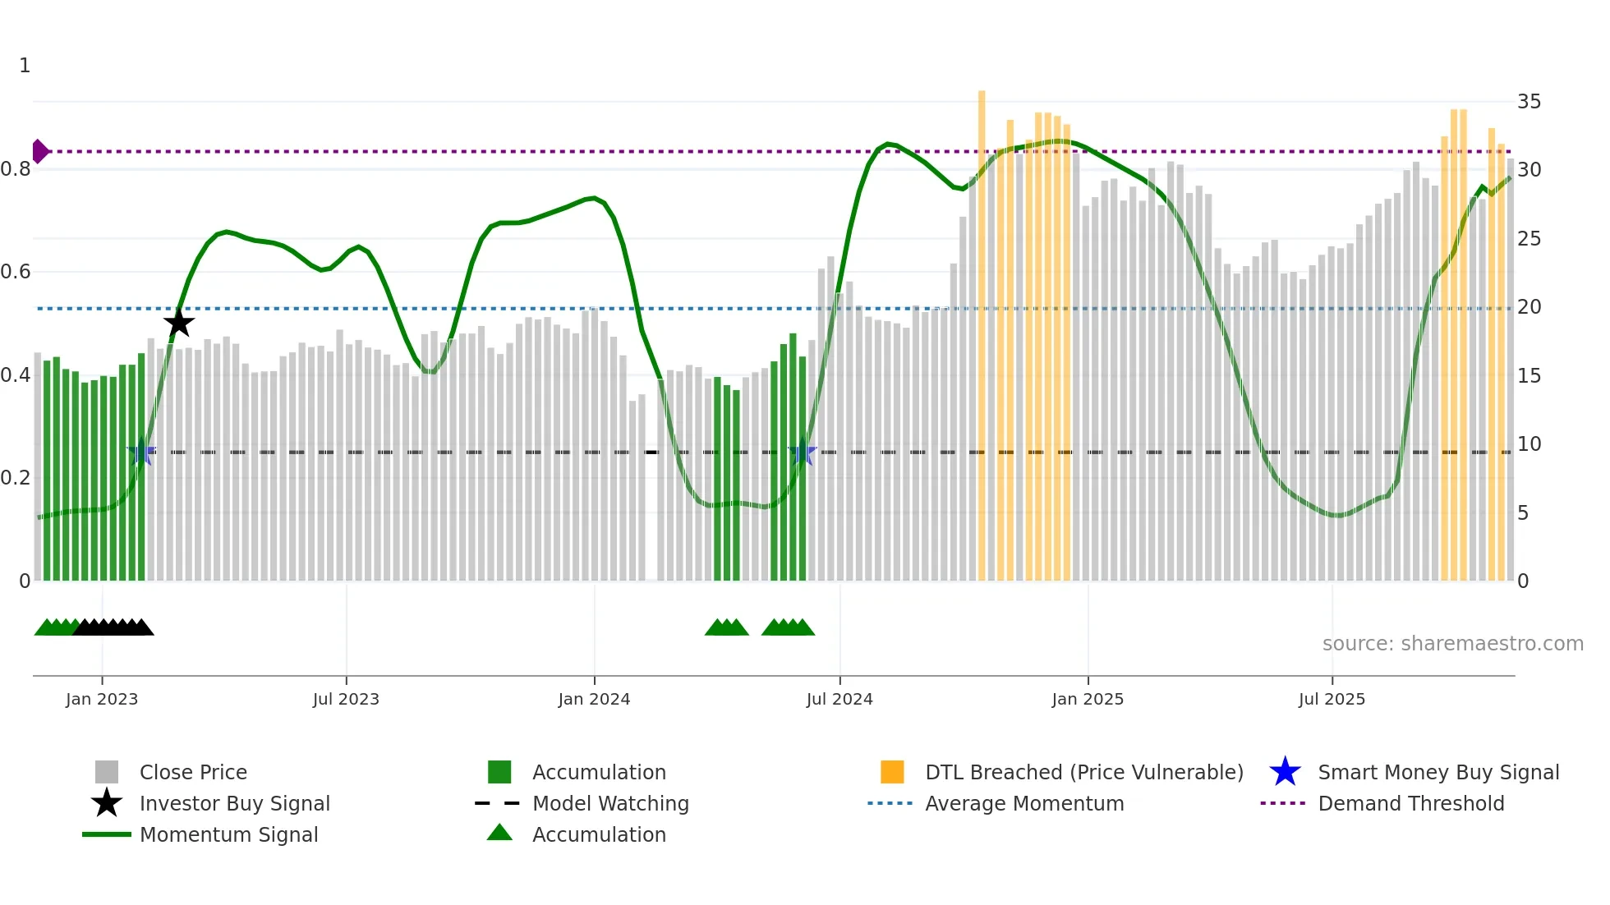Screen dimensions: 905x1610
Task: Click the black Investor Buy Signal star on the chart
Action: click(178, 323)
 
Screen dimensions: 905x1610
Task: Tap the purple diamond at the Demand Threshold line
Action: click(39, 151)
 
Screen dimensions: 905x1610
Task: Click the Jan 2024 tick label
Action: click(594, 699)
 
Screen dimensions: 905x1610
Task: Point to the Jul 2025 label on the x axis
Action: click(1332, 699)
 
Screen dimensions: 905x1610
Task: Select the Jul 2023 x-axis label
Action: click(346, 699)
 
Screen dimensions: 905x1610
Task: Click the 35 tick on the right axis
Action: click(1529, 102)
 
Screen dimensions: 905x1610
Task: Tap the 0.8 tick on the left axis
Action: click(16, 169)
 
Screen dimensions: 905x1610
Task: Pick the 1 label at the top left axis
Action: click(25, 66)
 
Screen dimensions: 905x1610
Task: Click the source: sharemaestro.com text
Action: click(1452, 643)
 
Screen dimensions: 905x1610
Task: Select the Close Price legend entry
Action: click(193, 772)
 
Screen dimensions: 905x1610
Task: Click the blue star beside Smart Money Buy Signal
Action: click(1285, 772)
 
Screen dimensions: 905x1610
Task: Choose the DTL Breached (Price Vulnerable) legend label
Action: click(1083, 772)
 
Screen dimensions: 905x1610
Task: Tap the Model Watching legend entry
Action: click(610, 803)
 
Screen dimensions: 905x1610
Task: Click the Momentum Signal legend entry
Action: click(228, 834)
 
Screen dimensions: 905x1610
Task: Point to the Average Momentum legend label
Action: click(1024, 803)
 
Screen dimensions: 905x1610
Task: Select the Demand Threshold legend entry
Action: click(1410, 803)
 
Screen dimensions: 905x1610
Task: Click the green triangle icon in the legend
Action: click(499, 833)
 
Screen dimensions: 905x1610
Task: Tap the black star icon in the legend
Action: click(107, 803)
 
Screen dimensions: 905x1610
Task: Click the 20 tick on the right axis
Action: click(1529, 307)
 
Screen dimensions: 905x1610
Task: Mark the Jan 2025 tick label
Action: click(1088, 699)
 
